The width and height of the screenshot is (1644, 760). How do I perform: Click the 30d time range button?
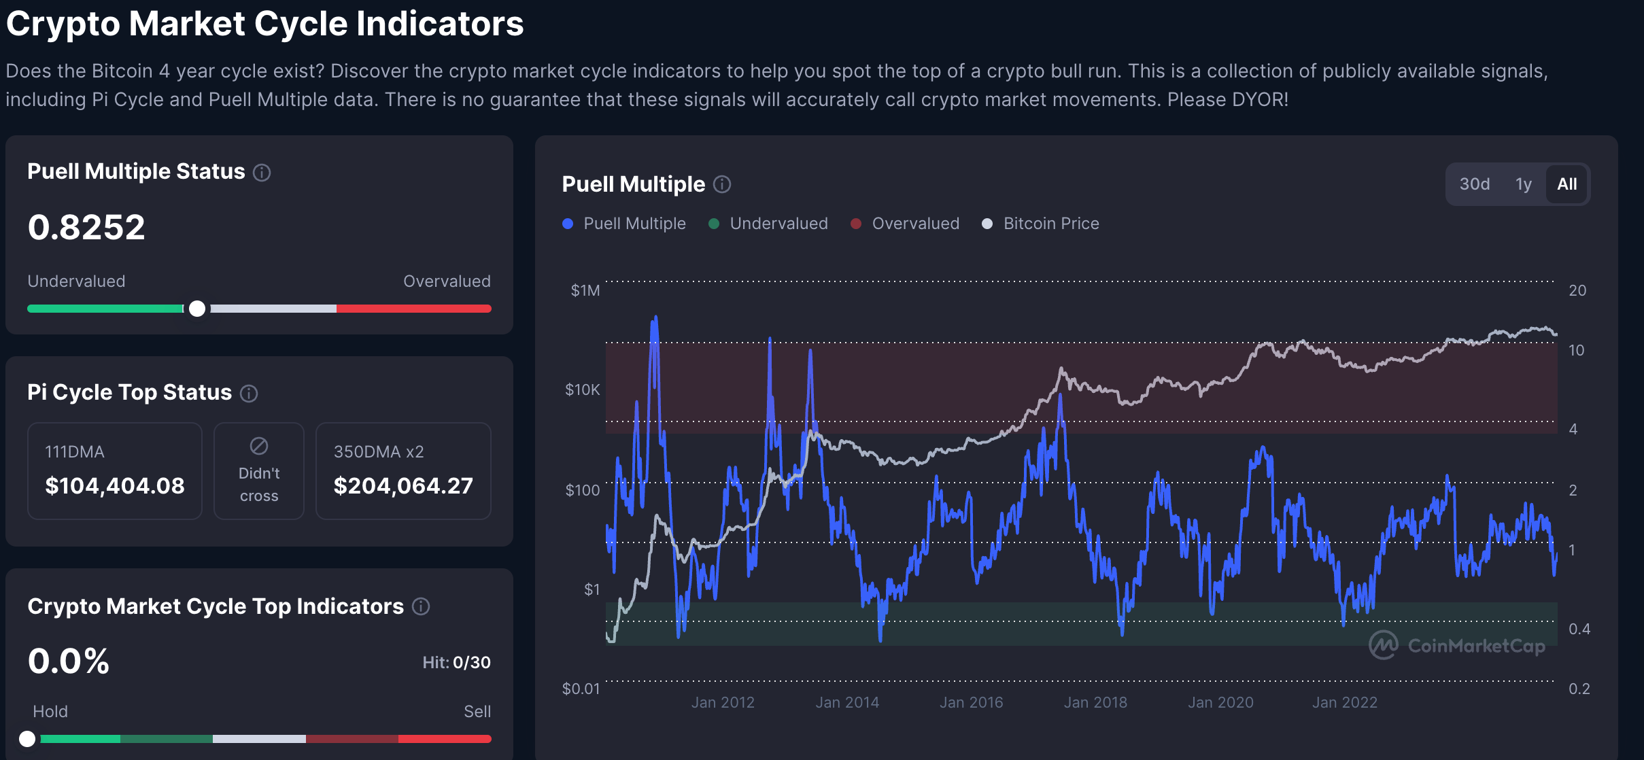(x=1474, y=184)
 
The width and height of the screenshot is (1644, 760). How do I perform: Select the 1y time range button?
(x=1523, y=184)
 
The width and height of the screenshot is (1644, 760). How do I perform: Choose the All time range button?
(x=1566, y=184)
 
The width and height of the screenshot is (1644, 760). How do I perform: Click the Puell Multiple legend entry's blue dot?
(x=568, y=224)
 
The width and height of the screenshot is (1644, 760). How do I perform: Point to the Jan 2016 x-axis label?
(x=971, y=702)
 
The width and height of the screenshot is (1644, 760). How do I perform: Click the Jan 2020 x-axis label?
(x=1220, y=702)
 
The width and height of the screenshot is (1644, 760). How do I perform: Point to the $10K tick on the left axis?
(x=583, y=390)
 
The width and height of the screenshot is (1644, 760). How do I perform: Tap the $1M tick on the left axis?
(x=585, y=290)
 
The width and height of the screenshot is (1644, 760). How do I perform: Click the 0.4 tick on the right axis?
(x=1579, y=629)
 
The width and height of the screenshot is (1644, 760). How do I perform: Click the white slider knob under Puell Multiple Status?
(x=197, y=309)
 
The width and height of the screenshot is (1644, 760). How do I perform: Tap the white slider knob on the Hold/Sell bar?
(x=27, y=739)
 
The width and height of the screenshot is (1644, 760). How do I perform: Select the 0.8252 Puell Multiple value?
(x=86, y=227)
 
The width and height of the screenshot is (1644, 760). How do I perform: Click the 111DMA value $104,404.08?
(x=115, y=485)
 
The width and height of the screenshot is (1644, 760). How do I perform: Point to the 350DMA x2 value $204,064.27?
(x=403, y=485)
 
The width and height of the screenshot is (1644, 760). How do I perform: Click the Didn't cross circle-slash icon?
(x=259, y=446)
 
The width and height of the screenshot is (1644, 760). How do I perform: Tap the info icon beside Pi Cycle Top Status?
(x=249, y=393)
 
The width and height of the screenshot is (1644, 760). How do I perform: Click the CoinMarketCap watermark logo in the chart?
(x=1383, y=645)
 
